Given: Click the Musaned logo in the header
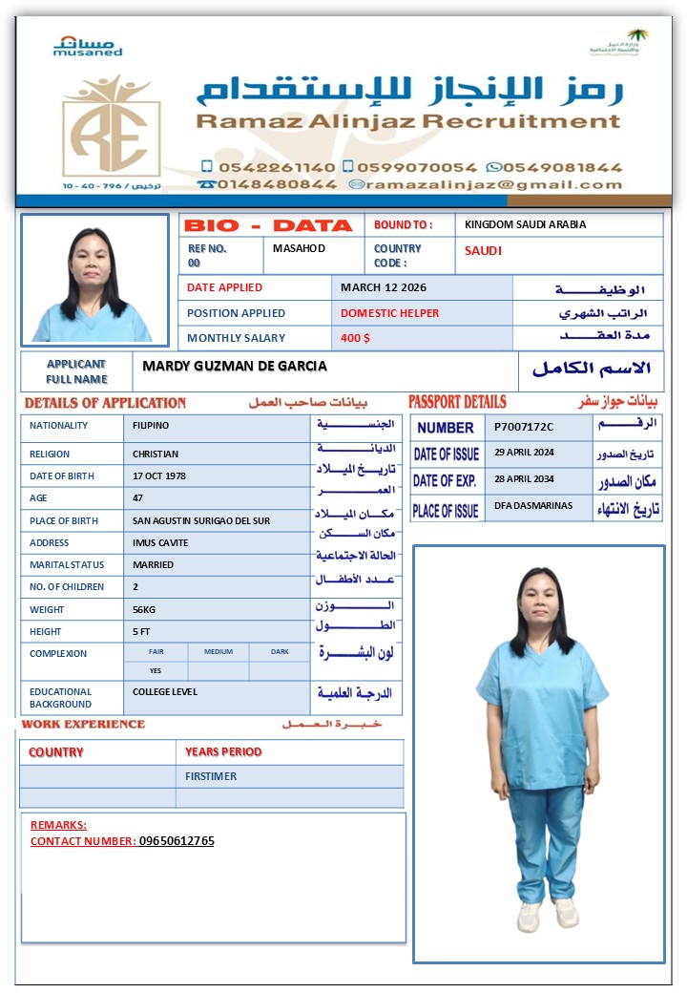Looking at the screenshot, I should coord(88,46).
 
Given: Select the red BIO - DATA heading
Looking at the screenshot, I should coord(268,226).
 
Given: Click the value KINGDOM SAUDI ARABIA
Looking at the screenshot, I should coord(525,225).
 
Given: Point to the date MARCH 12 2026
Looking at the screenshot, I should coord(384,287).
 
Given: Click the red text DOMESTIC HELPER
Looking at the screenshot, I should coord(390,313).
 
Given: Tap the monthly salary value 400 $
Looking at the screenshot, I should coord(355,338).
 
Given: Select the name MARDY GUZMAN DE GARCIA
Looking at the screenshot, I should coord(235,366).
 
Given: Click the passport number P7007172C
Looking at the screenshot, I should coord(524,427).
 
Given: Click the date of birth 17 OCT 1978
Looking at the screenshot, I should coord(159,475).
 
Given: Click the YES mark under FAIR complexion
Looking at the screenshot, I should coord(156,670).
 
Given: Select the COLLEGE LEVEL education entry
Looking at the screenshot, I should coord(165,692).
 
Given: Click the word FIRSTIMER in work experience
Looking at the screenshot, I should coord(211,776).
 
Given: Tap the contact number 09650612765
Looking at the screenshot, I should coord(177,841).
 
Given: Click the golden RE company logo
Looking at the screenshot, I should coord(111,128).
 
